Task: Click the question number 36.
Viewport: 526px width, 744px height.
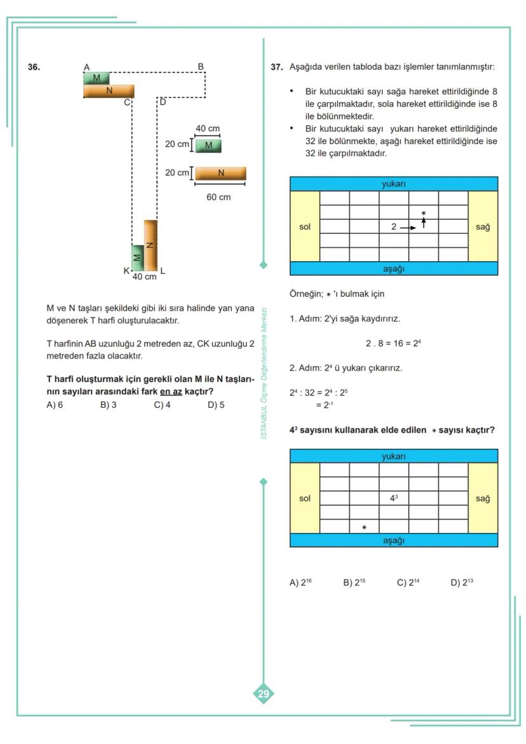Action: click(x=34, y=67)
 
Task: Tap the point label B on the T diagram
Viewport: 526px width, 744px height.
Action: click(x=201, y=66)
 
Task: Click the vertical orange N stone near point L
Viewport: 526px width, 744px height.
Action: click(x=150, y=245)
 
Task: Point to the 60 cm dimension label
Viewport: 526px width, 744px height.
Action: click(x=219, y=197)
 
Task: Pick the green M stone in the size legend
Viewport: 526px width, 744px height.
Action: click(x=208, y=146)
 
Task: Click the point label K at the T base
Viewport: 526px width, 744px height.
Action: click(x=126, y=271)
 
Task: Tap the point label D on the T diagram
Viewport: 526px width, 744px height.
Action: click(x=162, y=102)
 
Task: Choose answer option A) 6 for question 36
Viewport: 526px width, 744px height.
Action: click(x=55, y=405)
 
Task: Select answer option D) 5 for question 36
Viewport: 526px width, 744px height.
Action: click(x=216, y=405)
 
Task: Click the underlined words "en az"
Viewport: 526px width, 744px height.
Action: click(x=171, y=392)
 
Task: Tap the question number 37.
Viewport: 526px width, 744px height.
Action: click(x=276, y=67)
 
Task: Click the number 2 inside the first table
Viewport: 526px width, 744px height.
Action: click(x=394, y=227)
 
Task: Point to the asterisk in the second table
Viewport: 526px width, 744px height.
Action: click(x=364, y=527)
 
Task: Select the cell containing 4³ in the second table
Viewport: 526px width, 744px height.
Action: click(x=394, y=498)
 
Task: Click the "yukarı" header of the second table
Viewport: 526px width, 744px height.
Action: click(x=394, y=456)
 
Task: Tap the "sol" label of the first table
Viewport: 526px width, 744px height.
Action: click(x=305, y=227)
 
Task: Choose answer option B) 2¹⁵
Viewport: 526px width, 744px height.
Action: click(x=354, y=583)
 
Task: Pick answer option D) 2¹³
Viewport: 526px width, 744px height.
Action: click(x=462, y=583)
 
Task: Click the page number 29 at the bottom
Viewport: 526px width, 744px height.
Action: click(x=263, y=694)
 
